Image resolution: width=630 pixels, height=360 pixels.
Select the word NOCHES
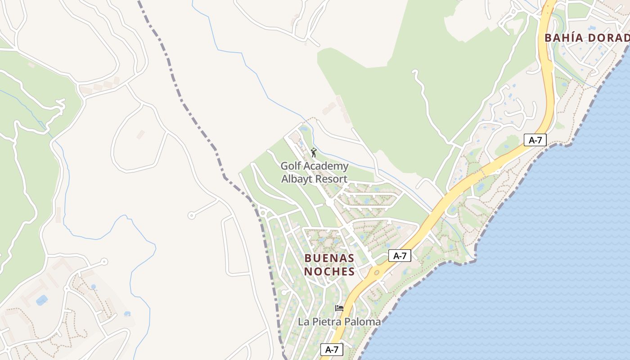pos(329,271)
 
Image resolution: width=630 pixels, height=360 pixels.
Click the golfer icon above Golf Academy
pos(314,153)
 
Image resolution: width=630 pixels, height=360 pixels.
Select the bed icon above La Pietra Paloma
pos(339,308)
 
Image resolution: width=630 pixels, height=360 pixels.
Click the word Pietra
pos(327,322)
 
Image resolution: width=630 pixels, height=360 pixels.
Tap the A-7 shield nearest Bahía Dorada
pos(535,140)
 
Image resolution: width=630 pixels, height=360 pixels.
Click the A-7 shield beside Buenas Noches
pos(400,256)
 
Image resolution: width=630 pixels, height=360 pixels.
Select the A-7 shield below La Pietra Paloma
pos(332,350)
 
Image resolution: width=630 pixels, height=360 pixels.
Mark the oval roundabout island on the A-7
pos(376,272)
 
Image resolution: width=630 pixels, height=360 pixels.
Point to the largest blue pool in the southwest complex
pos(42,300)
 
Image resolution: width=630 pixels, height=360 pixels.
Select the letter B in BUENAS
pos(308,258)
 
